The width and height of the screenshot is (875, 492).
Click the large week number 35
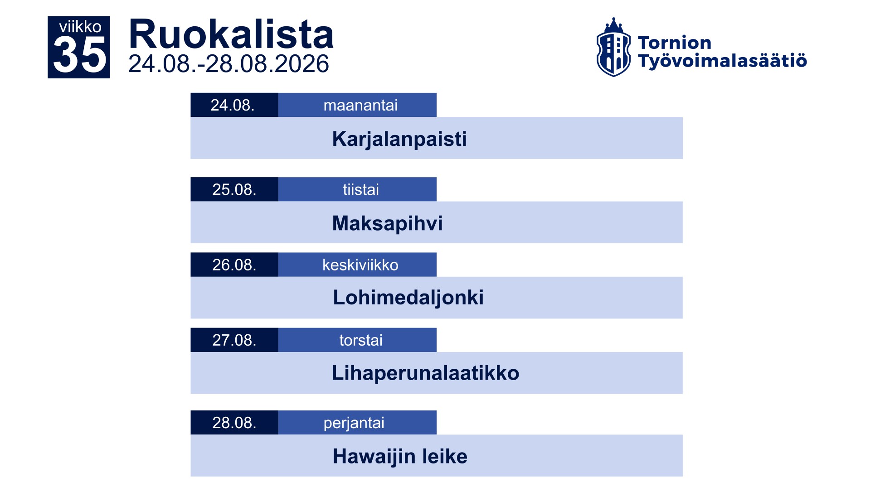click(x=80, y=55)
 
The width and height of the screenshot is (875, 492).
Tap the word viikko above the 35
click(x=80, y=27)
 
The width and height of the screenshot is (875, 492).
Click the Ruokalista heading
click(x=231, y=34)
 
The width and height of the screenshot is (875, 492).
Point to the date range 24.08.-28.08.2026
click(x=228, y=64)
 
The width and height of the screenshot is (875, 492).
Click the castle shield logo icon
click(x=613, y=47)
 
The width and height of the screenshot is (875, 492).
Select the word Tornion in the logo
click(x=675, y=43)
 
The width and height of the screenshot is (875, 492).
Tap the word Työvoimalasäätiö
click(x=722, y=61)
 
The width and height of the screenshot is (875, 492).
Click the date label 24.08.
click(x=233, y=105)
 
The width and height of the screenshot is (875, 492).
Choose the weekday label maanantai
click(x=360, y=105)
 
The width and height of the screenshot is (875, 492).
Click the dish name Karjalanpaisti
click(x=399, y=139)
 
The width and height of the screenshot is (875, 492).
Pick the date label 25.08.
click(x=234, y=189)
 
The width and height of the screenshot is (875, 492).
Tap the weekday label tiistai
click(x=361, y=189)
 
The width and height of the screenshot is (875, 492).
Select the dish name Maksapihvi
click(x=388, y=223)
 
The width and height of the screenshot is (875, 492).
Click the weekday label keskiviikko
click(x=360, y=265)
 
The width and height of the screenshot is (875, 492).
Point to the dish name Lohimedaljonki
click(x=408, y=298)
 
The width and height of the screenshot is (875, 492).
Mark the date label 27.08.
click(x=234, y=340)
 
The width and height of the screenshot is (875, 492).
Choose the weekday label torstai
click(x=361, y=340)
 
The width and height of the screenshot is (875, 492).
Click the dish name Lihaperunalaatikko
click(x=426, y=373)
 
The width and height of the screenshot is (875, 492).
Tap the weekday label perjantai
click(x=354, y=423)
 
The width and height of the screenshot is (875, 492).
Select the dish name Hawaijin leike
click(x=400, y=456)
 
